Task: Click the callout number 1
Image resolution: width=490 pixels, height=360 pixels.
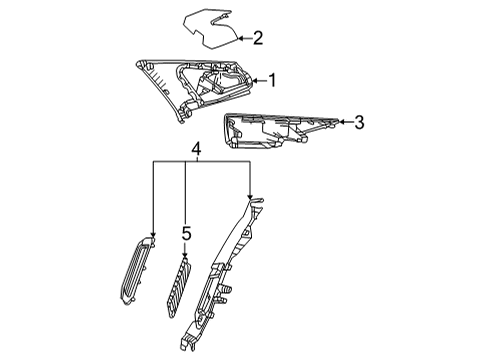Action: click(x=269, y=79)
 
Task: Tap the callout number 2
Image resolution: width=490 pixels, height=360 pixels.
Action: click(x=257, y=39)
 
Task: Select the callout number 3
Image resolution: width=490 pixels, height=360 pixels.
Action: click(x=358, y=122)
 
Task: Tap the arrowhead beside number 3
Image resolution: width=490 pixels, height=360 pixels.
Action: click(x=342, y=122)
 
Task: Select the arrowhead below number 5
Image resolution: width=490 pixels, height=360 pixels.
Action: click(x=184, y=258)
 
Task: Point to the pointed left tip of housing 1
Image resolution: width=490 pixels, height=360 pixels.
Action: click(x=136, y=64)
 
